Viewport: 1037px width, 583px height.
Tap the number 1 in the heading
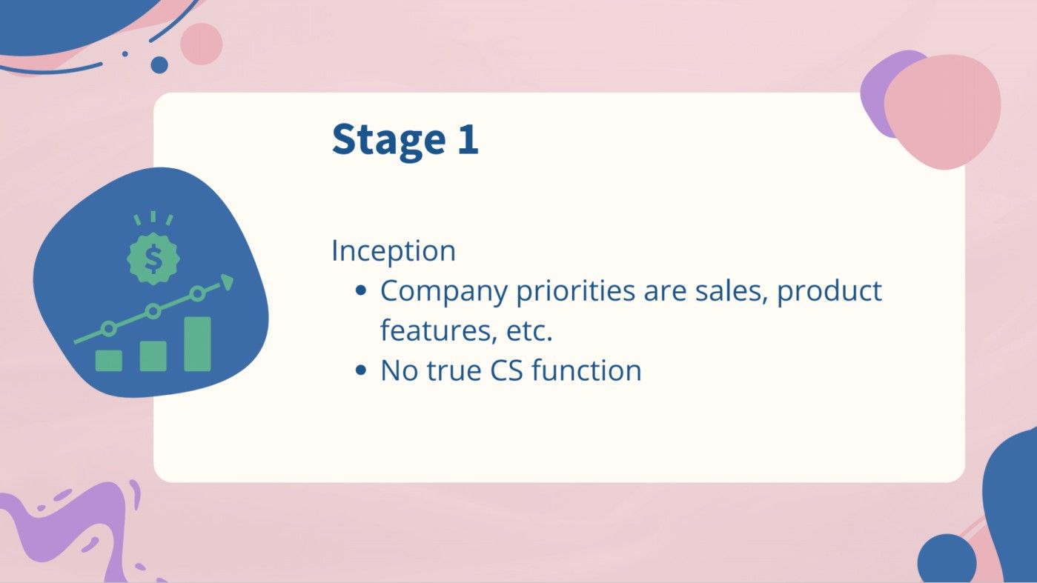(x=467, y=139)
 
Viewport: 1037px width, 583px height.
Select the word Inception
(x=393, y=250)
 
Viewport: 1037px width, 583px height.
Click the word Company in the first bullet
(x=444, y=291)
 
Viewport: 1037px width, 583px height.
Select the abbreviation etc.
(x=530, y=330)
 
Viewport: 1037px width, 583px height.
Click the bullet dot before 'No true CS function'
(x=361, y=371)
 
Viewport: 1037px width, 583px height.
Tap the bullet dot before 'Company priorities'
(x=361, y=291)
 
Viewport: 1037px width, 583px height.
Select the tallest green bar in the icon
(x=197, y=344)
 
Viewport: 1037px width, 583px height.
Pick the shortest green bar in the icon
(x=108, y=360)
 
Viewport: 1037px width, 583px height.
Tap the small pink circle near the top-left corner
(x=201, y=43)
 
